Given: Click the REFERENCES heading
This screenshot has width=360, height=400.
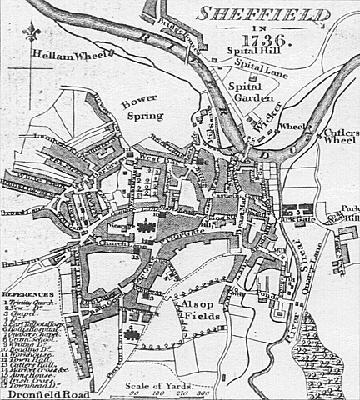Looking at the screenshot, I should pos(28,294).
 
